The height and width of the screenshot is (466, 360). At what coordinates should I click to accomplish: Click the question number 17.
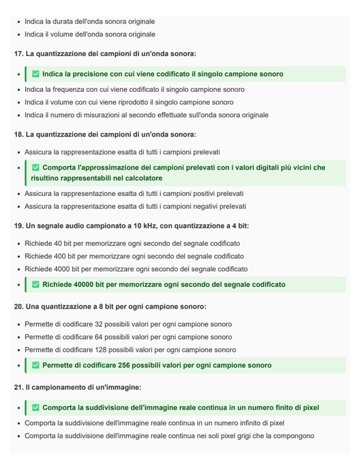click(18, 53)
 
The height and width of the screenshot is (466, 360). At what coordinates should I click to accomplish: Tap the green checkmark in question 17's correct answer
click(36, 74)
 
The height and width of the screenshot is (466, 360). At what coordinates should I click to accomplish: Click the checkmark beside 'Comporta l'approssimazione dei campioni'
click(36, 167)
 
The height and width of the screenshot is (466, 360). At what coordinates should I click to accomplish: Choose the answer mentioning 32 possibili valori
click(128, 324)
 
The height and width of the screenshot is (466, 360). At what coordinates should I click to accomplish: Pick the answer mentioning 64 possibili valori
click(128, 337)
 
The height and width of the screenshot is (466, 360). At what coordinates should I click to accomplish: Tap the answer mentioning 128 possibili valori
click(130, 350)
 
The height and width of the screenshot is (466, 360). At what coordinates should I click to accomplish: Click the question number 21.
click(18, 388)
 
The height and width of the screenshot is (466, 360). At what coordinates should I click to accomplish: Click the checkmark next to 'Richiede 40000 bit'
click(36, 285)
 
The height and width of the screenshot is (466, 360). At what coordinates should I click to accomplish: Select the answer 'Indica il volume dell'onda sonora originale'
click(90, 34)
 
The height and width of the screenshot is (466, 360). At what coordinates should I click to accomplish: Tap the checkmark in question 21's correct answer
click(36, 408)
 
